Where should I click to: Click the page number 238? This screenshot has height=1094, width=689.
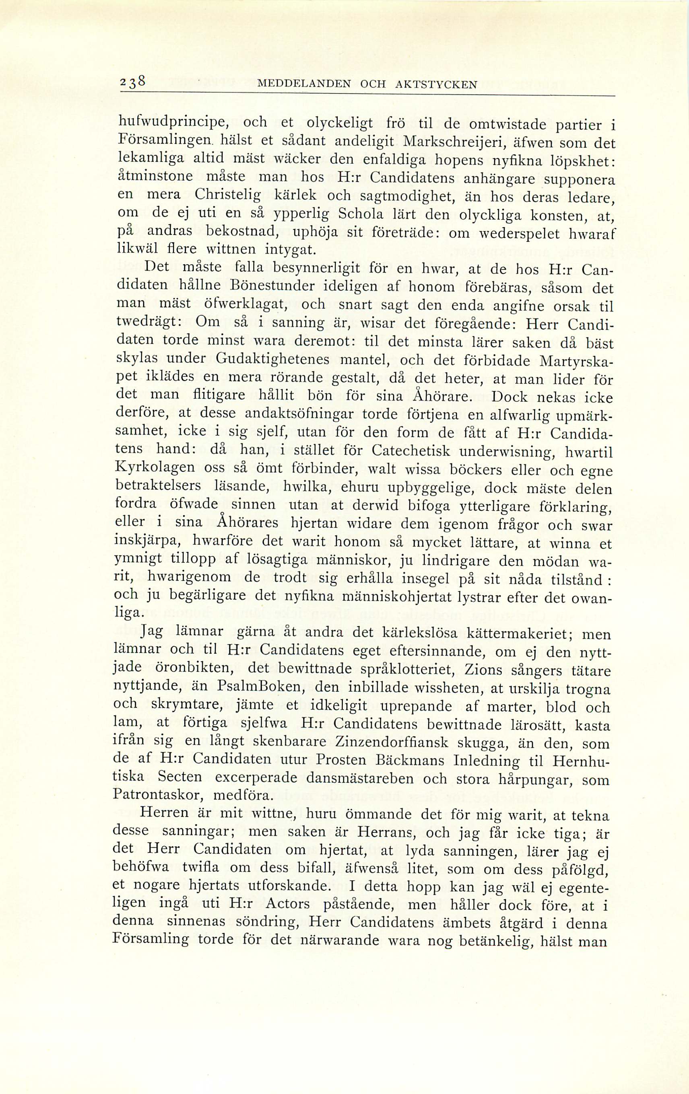[133, 82]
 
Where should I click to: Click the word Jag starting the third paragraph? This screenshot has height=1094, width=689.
[151, 633]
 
